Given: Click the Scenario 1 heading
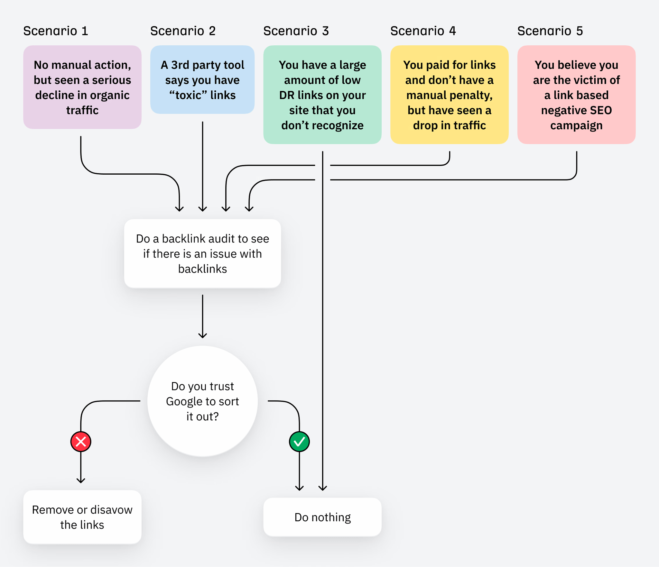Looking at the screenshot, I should point(56,31).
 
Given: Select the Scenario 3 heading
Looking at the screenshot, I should point(296,31).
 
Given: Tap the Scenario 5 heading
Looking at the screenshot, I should point(550,31).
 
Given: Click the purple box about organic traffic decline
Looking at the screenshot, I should point(82,87).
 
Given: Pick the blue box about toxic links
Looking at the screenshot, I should point(202,80).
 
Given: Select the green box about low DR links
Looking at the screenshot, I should point(322,95).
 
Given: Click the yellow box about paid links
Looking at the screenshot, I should point(449,95).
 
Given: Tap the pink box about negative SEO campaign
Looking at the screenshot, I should point(576,95).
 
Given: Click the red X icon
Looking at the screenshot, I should point(81,442).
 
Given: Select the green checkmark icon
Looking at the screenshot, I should point(299,442).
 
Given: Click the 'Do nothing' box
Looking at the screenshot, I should point(322,517).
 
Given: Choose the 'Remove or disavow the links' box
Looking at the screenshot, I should point(82,517).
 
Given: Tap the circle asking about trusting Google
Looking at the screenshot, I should point(202,401).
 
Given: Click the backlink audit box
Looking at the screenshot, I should point(202,253).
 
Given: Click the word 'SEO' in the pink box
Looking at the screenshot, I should point(601,110).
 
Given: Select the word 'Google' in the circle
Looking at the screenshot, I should point(184,401).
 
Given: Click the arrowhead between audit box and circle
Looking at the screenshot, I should point(202,335).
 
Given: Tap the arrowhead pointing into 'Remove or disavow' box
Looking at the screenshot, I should point(81,480).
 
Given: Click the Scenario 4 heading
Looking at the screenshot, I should point(423,31).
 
